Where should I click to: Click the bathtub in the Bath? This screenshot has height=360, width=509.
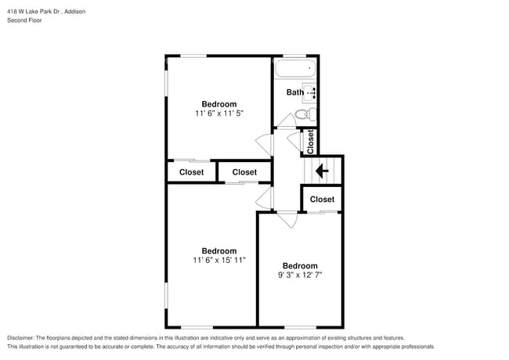click(295, 68)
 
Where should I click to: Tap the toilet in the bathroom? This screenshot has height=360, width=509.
click(305, 113)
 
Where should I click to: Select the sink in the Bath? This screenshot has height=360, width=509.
click(309, 93)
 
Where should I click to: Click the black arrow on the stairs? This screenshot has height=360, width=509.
click(322, 171)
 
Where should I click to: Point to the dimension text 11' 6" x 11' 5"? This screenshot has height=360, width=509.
click(219, 113)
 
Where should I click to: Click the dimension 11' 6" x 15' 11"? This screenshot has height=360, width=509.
click(219, 260)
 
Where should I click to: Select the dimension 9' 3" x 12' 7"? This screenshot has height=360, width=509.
click(300, 275)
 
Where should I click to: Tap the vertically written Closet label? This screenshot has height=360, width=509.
click(310, 142)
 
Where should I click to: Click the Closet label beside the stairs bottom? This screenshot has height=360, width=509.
click(322, 199)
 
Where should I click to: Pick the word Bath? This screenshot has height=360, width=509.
click(295, 92)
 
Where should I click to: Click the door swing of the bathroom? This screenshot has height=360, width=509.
click(287, 121)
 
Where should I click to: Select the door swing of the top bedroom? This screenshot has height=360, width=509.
click(264, 145)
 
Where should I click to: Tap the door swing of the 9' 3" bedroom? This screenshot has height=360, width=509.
click(287, 220)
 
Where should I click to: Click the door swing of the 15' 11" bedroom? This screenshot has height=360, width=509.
click(264, 198)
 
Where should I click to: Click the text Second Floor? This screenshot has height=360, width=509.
click(24, 20)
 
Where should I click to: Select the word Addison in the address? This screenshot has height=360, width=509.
click(75, 12)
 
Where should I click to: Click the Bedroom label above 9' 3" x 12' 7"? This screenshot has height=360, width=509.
click(300, 266)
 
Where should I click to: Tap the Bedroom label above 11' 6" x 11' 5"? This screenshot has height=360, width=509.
click(219, 104)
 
